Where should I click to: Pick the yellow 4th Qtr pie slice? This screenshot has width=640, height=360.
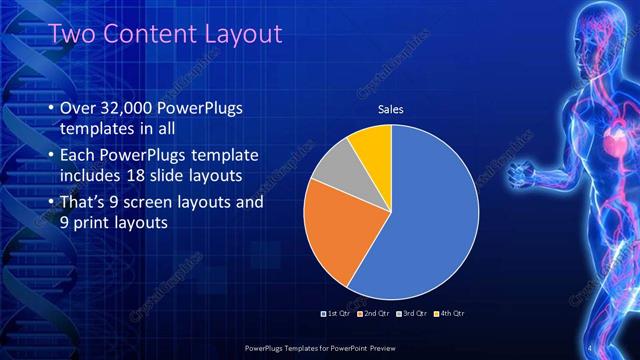[373, 145]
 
